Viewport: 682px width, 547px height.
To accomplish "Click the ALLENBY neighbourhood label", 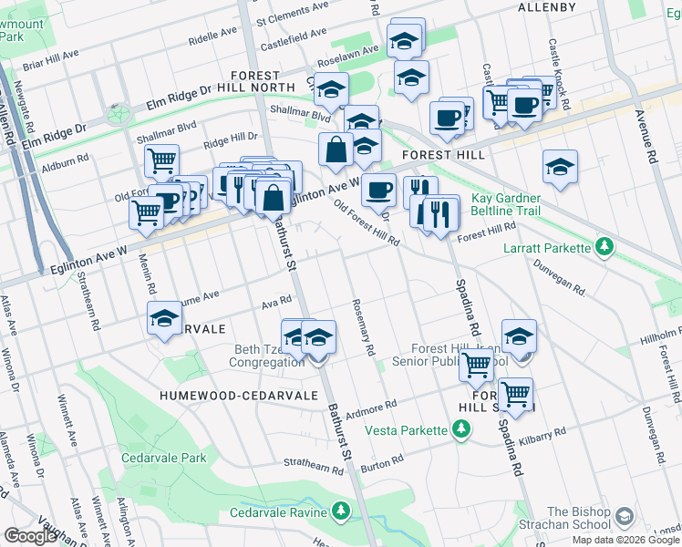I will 547,7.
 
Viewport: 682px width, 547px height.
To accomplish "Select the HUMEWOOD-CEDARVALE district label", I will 238,396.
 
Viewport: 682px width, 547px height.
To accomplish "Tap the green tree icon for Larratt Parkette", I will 603,246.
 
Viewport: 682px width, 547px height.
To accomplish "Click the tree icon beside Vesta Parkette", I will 461,428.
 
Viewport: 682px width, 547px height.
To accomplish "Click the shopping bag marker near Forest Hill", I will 336,149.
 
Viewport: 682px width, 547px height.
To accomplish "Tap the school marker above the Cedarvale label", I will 164,319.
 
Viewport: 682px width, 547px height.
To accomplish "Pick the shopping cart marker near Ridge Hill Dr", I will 161,160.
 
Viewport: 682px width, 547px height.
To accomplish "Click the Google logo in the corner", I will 30,536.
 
